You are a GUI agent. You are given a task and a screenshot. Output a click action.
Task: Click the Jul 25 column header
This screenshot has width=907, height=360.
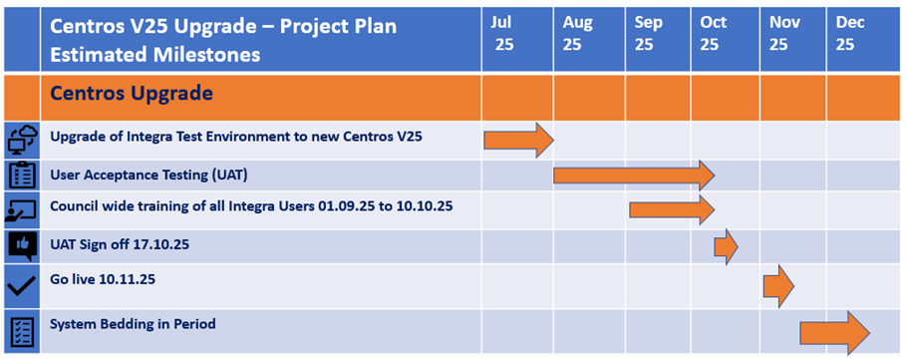[x=502, y=34]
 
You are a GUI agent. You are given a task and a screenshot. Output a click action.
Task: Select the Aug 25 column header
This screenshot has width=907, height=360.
[x=577, y=34]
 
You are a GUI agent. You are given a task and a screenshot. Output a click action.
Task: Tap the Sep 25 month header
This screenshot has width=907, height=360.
[x=648, y=34]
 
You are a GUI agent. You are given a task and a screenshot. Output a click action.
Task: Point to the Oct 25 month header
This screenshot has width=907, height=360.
[x=714, y=34]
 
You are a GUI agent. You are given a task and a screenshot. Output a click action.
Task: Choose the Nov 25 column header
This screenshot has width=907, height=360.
[x=784, y=34]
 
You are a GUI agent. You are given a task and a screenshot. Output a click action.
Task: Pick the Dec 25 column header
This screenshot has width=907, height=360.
[x=850, y=34]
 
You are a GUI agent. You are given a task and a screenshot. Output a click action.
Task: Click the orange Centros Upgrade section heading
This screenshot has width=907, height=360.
[x=132, y=93]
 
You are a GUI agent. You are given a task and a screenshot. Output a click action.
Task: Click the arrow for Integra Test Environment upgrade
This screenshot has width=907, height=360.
[x=519, y=140]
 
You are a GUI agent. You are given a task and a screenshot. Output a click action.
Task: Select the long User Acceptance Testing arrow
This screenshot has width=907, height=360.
[x=635, y=176]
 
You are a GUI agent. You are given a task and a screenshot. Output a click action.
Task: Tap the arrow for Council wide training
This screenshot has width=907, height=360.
[x=672, y=209]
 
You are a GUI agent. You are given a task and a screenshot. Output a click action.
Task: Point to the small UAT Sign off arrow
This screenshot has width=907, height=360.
[x=726, y=246]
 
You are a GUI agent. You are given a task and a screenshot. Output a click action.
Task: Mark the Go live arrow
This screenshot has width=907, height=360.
[x=778, y=286]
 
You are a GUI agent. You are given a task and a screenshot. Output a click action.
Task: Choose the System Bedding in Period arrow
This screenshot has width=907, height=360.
[x=834, y=333]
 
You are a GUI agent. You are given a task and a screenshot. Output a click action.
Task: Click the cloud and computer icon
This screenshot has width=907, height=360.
[x=23, y=140]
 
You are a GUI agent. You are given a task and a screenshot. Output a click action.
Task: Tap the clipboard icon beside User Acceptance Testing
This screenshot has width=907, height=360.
[x=23, y=176]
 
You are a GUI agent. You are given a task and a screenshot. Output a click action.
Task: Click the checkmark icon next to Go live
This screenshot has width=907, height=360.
[x=23, y=286]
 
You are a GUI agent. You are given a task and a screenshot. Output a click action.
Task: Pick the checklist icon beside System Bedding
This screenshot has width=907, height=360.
[x=23, y=332]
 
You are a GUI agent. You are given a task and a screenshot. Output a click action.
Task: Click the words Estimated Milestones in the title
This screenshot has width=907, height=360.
[x=155, y=55]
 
